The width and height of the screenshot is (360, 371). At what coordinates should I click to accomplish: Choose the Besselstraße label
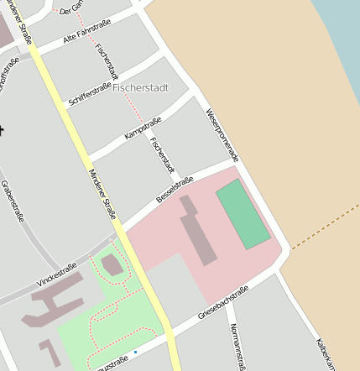point(175,190)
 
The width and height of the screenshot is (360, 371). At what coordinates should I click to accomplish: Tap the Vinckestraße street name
point(57,274)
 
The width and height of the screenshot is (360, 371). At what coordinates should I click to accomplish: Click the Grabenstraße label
point(13,201)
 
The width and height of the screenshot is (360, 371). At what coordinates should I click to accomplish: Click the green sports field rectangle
point(243,213)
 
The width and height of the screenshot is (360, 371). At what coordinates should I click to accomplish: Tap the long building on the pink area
point(199,231)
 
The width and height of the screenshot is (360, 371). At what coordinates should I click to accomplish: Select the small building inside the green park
point(111,266)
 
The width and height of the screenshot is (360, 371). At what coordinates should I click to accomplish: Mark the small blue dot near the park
point(135,352)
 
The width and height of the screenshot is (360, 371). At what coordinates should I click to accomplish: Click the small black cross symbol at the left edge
point(2,129)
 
